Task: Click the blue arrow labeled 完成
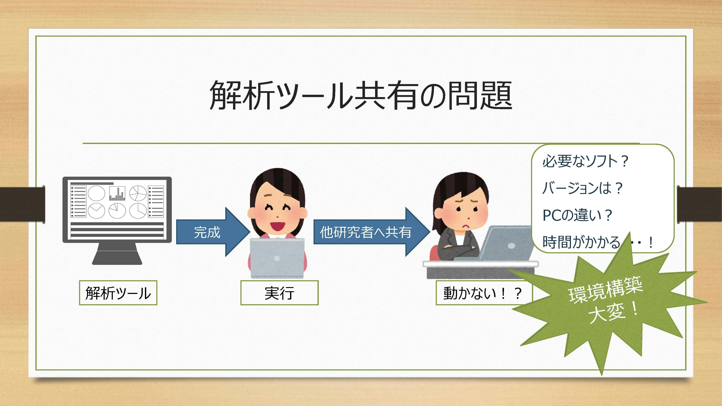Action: tap(213, 232)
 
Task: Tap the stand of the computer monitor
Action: tap(117, 254)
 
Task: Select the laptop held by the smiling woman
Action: tap(277, 258)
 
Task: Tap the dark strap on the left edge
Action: tap(22, 204)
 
